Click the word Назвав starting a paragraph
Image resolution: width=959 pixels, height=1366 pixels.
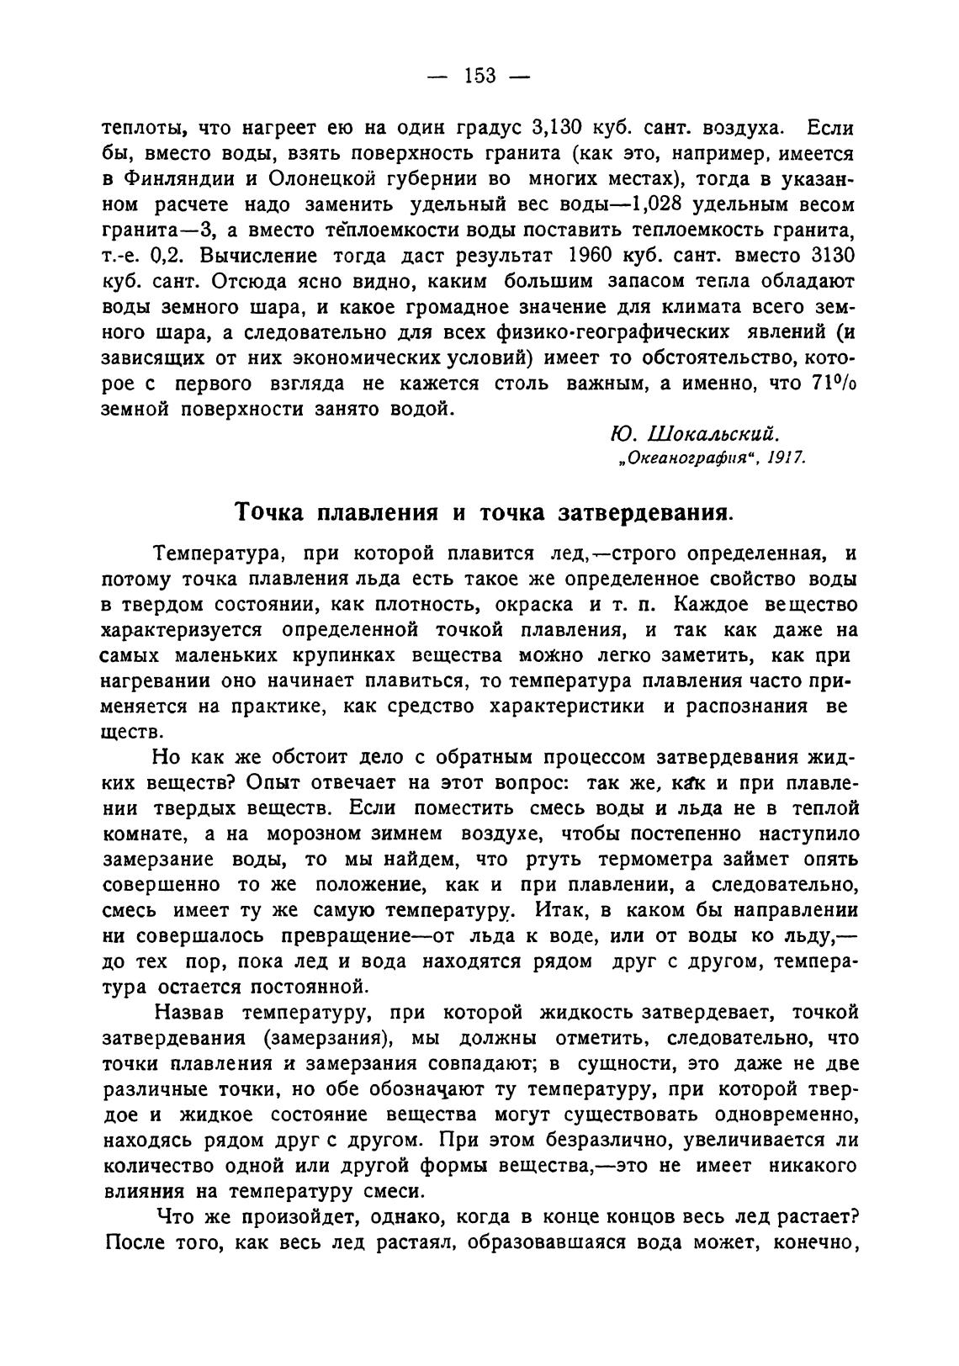189,1013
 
